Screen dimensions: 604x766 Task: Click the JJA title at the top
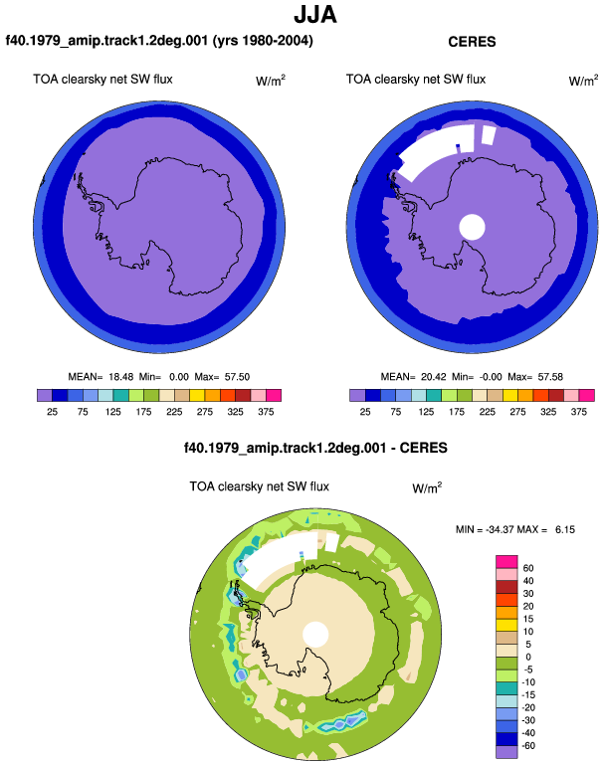pos(315,15)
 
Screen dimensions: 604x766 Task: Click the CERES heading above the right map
pos(472,42)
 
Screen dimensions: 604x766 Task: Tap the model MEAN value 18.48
pos(120,377)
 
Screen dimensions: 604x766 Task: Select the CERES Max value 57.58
pos(550,377)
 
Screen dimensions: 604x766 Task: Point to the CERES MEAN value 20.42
pos(434,377)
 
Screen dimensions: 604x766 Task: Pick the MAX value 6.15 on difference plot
pos(565,529)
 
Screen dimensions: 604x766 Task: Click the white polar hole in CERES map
pos(472,227)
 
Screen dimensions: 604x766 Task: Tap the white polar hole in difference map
pos(315,635)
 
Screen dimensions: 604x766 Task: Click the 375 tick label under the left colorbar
pos(266,412)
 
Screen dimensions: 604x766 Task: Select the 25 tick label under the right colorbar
pos(365,412)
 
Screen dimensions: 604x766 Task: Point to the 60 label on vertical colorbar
pos(528,568)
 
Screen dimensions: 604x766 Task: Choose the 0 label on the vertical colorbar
pos(528,657)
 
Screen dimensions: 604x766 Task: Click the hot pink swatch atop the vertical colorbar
pos(506,562)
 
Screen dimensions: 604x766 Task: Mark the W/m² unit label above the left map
pos(271,81)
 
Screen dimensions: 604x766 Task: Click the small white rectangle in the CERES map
pos(489,135)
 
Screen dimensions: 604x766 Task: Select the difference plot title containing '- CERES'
pos(315,448)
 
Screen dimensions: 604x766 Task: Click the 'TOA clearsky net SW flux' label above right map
pos(416,80)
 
